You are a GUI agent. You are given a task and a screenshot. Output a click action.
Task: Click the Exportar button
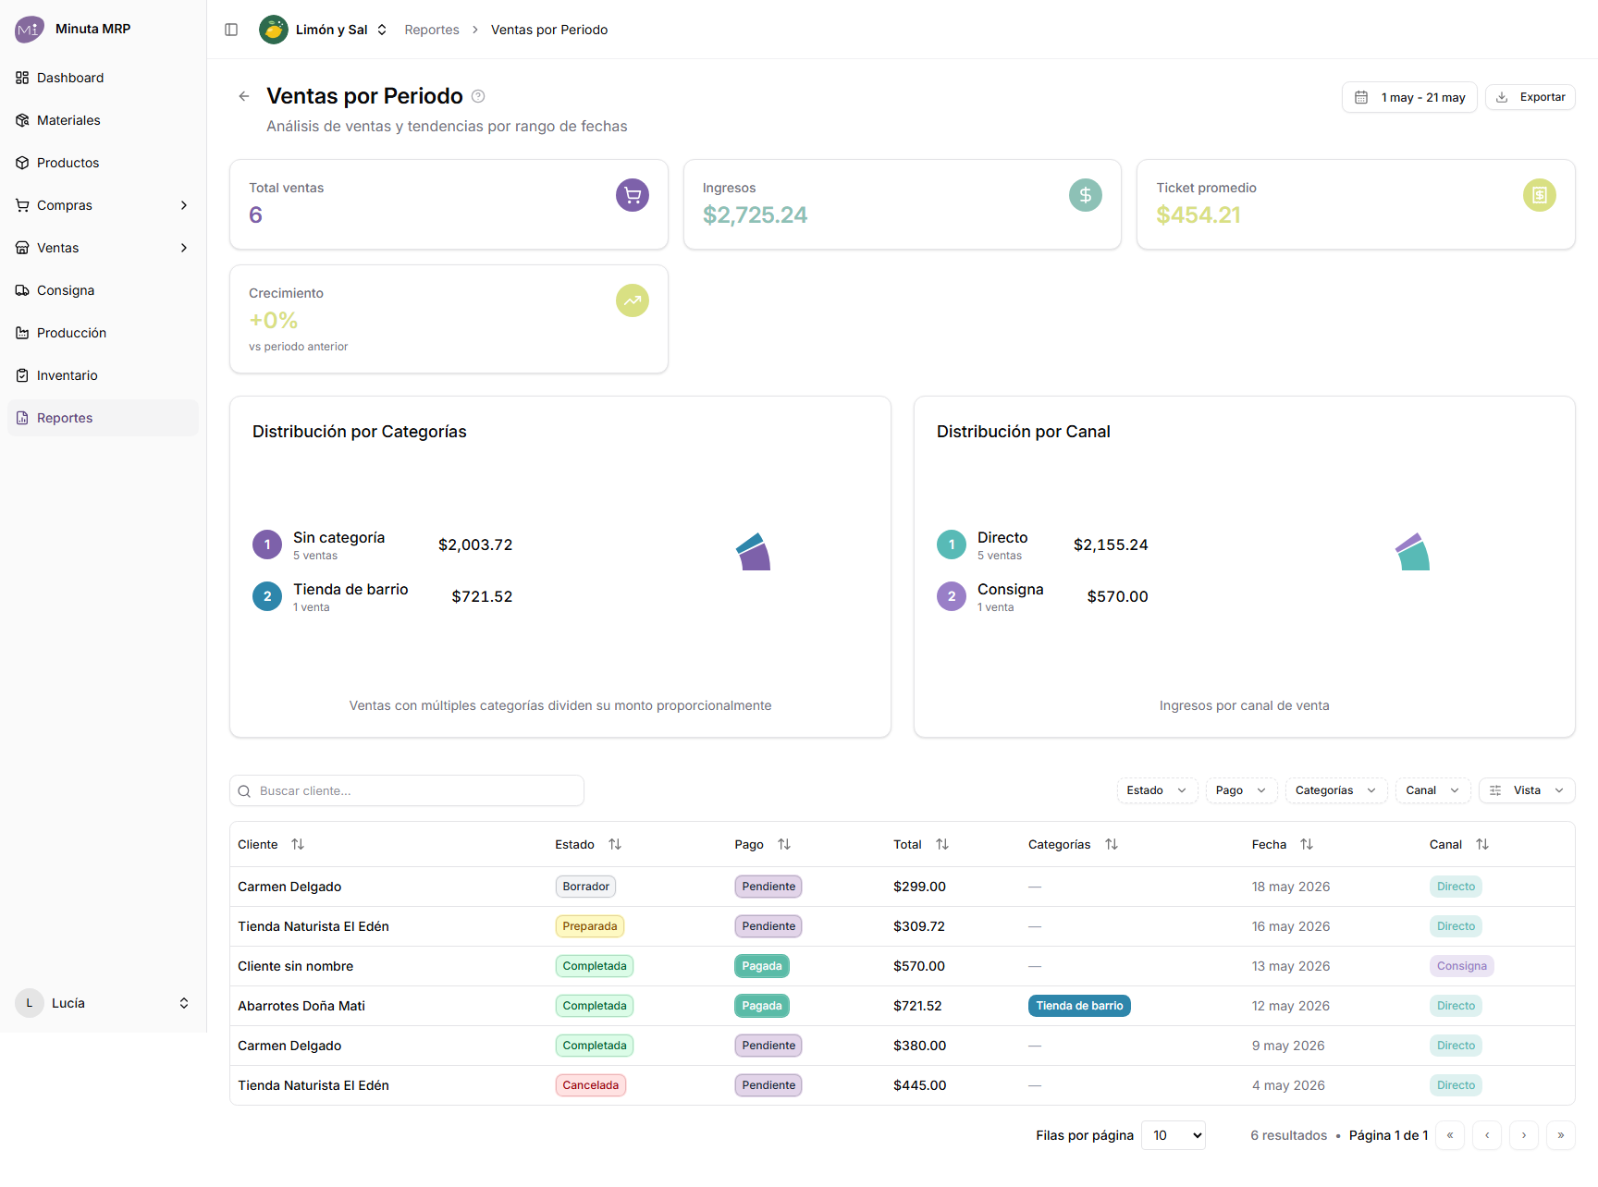point(1530,97)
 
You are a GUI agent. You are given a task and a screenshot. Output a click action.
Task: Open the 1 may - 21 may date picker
point(1409,97)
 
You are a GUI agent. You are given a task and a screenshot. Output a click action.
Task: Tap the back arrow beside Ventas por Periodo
point(244,96)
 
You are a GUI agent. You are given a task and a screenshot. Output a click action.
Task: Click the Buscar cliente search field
point(407,790)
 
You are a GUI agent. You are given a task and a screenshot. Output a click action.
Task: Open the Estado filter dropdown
point(1157,790)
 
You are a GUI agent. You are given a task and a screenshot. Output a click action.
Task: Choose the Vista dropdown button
point(1527,790)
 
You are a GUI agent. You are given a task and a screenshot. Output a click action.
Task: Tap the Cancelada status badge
point(590,1085)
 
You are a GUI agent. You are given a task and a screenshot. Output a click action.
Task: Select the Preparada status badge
point(590,926)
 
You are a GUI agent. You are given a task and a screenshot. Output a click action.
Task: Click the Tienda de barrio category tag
point(1079,1006)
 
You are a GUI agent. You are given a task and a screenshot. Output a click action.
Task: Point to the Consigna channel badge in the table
point(1461,966)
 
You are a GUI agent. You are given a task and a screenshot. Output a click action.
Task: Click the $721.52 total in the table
point(917,1006)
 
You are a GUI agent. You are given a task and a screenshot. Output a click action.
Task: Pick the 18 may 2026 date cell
point(1291,887)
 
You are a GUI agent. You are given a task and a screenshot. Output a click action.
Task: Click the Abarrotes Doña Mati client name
point(301,1006)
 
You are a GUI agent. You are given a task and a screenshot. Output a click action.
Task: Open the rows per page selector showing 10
point(1174,1135)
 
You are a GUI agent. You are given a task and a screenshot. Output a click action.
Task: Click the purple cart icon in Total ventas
point(633,195)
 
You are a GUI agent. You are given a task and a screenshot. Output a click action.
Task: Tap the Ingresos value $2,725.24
point(755,214)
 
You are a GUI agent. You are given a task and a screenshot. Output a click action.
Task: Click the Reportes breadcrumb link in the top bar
point(432,30)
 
